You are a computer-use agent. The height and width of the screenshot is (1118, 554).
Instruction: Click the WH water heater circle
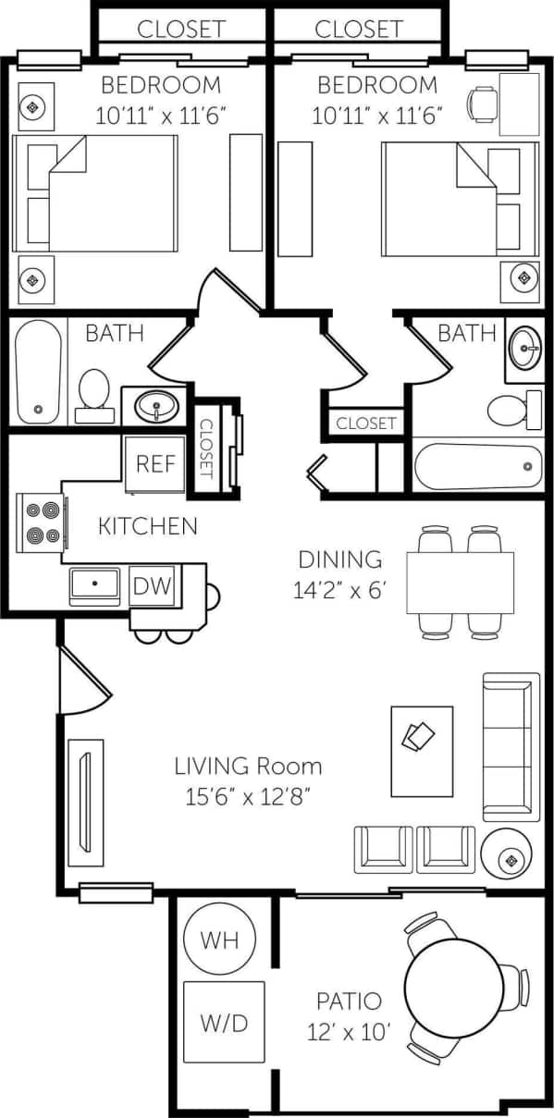tap(220, 940)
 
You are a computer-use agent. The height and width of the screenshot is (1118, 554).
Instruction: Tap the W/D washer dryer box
tap(223, 1022)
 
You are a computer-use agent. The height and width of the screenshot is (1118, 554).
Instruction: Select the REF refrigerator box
tap(155, 462)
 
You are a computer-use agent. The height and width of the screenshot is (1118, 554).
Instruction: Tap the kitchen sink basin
tap(94, 585)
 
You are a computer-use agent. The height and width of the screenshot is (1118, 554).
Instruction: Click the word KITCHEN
tap(148, 527)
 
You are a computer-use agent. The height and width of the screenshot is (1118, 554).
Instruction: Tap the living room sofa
tap(511, 747)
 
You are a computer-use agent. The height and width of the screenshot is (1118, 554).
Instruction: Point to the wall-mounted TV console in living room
tap(84, 802)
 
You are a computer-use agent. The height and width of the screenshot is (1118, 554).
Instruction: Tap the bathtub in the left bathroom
tap(39, 371)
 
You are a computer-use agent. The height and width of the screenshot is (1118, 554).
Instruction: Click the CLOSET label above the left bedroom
tap(181, 29)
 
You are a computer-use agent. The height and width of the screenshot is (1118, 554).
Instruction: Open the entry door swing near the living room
tap(83, 680)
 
